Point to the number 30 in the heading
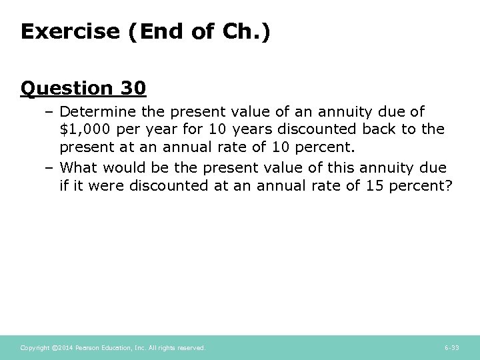click(x=133, y=88)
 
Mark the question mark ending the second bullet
click(x=448, y=185)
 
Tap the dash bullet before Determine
click(x=50, y=111)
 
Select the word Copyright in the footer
click(x=34, y=347)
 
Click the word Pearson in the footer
click(x=88, y=347)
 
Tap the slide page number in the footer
click(x=451, y=347)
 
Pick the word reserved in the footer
click(x=191, y=347)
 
